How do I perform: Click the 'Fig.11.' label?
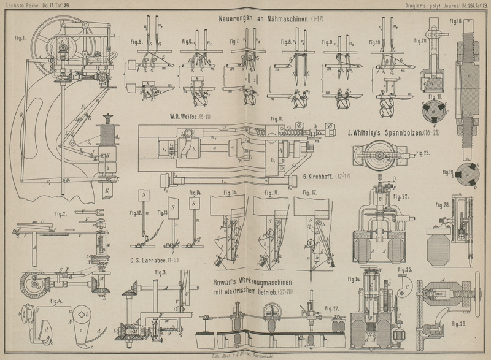tap(278, 119)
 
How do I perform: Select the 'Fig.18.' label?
tap(455, 21)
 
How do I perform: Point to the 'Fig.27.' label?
tap(332, 307)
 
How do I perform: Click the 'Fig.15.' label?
tap(230, 193)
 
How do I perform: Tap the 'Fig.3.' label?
tap(161, 272)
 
